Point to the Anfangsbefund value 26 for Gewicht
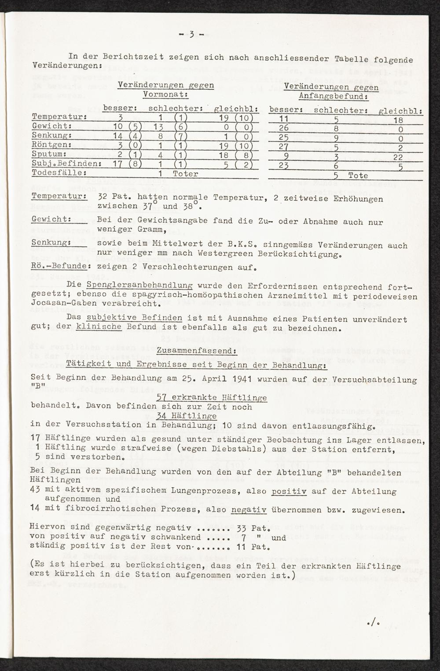284,127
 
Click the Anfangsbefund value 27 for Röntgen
284,146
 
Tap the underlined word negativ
249,510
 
